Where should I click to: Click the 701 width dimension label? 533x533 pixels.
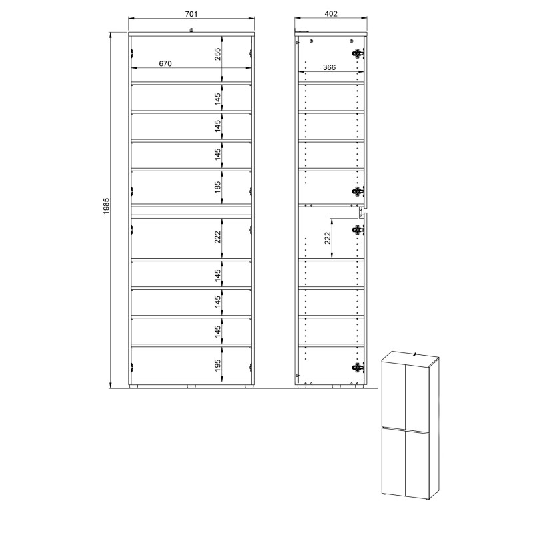(x=191, y=14)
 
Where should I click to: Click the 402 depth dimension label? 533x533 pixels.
(x=331, y=13)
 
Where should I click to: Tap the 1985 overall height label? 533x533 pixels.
(x=106, y=206)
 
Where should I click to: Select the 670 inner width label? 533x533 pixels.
(x=165, y=63)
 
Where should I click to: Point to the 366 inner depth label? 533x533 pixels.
(x=329, y=67)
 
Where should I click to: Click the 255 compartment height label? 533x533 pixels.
(x=218, y=54)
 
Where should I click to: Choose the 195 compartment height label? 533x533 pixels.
(x=218, y=365)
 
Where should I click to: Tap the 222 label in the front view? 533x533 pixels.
(x=218, y=237)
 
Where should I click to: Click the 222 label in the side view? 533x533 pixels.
(x=327, y=238)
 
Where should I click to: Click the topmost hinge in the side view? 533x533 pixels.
(x=358, y=53)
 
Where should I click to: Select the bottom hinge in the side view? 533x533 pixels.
(x=358, y=368)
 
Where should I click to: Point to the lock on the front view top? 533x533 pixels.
(x=191, y=30)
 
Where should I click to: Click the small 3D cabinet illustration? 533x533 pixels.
(x=410, y=426)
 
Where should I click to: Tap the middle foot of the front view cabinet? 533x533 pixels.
(x=191, y=386)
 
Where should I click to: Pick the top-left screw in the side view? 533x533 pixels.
(x=311, y=41)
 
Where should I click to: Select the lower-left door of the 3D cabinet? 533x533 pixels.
(x=394, y=461)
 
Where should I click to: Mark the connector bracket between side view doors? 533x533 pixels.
(x=360, y=212)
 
